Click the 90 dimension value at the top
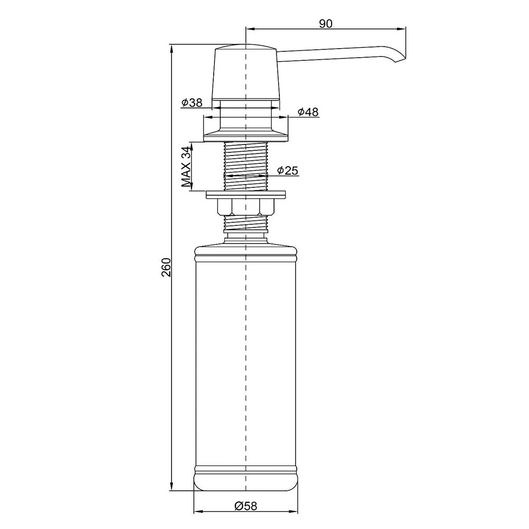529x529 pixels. pyautogui.click(x=325, y=24)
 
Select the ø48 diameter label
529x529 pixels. pyautogui.click(x=308, y=112)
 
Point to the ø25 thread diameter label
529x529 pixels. pyautogui.click(x=288, y=171)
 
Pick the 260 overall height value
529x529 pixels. pyautogui.click(x=166, y=267)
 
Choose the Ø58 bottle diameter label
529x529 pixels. pyautogui.click(x=245, y=506)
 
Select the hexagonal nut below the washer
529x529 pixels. pyautogui.click(x=246, y=207)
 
